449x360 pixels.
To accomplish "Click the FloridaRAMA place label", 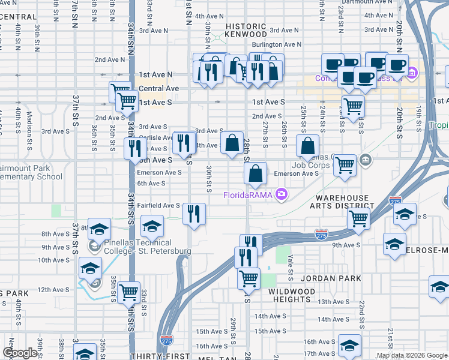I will click(247, 194).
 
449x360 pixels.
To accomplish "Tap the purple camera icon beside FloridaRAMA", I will click(281, 194).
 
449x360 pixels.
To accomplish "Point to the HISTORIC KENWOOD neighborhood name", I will click(246, 31).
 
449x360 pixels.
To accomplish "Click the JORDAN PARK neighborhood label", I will click(332, 278).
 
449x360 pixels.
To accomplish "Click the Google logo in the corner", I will click(20, 353).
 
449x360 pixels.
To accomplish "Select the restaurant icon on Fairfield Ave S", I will click(194, 214).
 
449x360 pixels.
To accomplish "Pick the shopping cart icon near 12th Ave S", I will click(128, 292).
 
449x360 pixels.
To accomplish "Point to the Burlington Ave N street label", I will click(276, 44).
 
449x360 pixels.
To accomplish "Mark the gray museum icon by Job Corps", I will click(366, 160).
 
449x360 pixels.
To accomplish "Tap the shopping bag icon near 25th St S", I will click(307, 146).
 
